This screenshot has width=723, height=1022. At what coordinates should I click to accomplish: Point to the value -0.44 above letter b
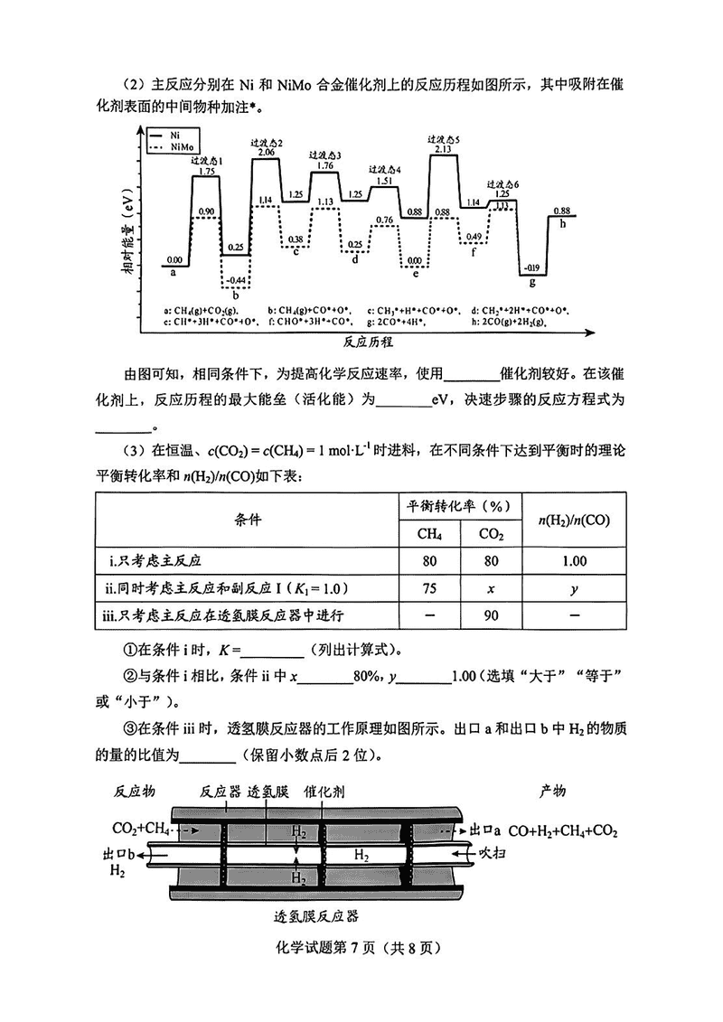(x=234, y=280)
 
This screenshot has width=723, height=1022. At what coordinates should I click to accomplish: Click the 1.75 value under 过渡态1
(x=206, y=171)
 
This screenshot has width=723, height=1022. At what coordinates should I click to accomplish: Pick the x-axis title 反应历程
(x=369, y=343)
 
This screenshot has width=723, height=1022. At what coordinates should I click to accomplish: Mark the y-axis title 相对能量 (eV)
(x=130, y=235)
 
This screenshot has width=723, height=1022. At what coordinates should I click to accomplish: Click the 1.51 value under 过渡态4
(x=383, y=181)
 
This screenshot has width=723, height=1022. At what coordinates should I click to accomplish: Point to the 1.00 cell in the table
(x=574, y=561)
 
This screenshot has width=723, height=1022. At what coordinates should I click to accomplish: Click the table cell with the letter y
(x=574, y=588)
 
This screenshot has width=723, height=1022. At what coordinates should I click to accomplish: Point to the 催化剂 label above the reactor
(x=324, y=791)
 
